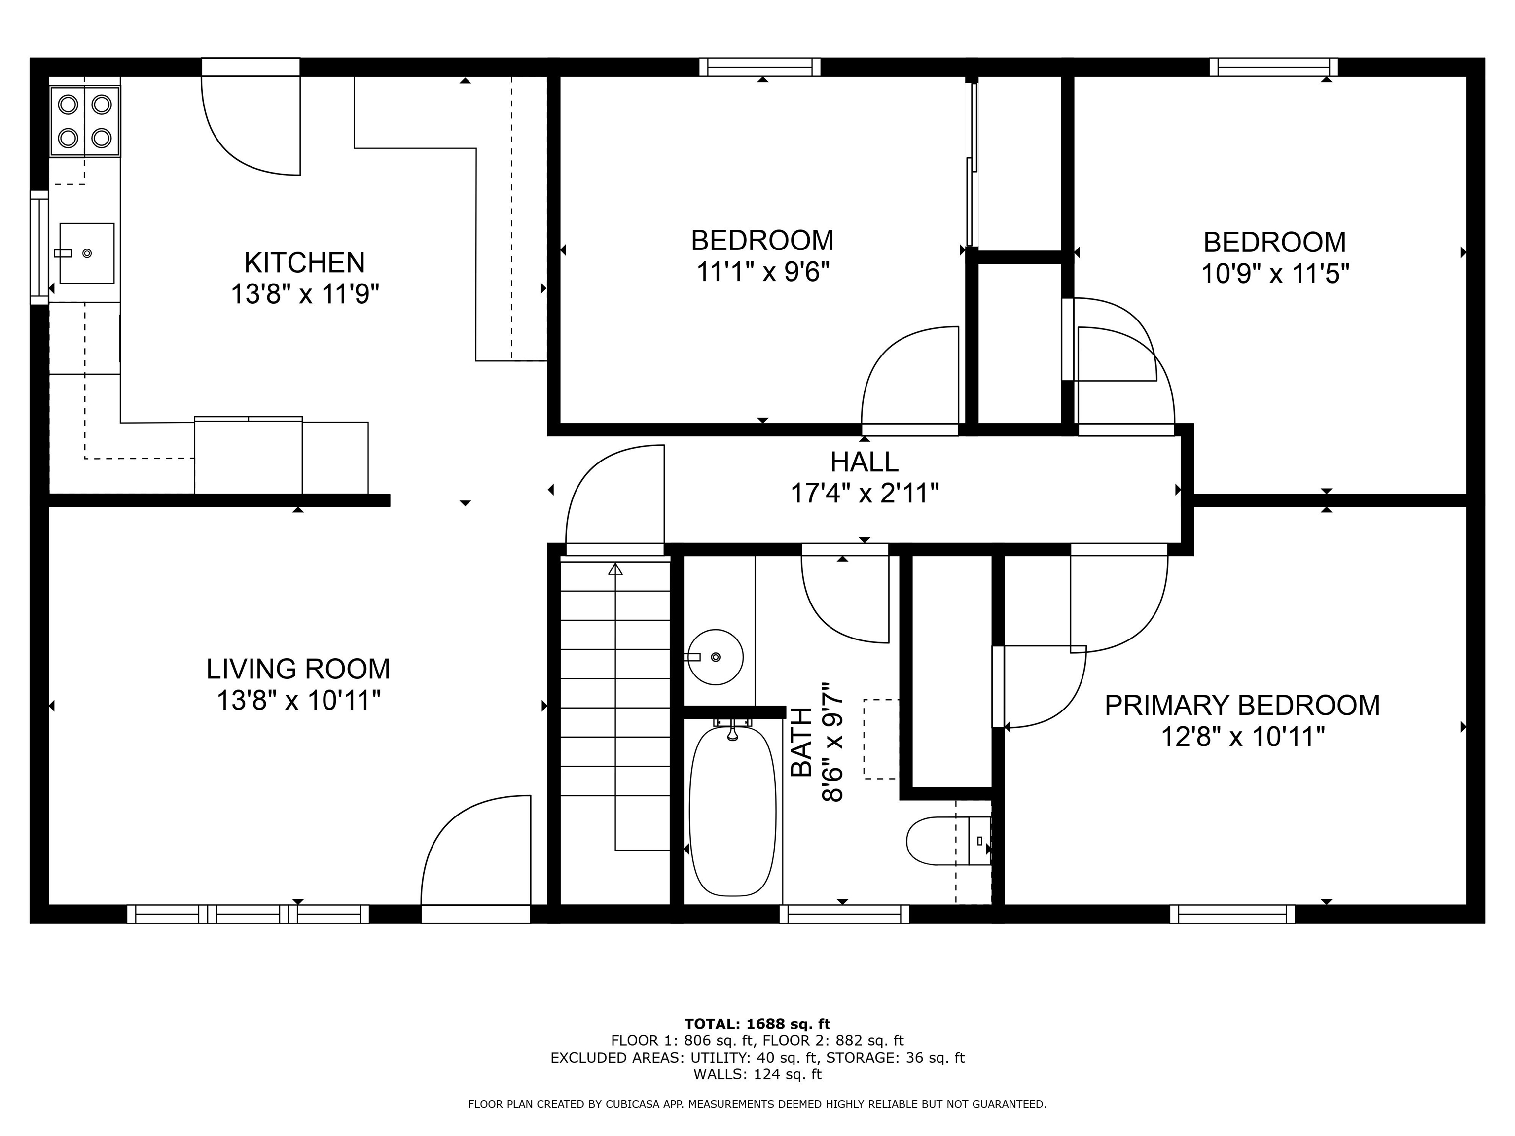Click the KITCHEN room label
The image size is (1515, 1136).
click(x=304, y=263)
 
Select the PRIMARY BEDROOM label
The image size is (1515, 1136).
click(x=1242, y=705)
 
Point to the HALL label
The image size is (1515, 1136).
click(x=865, y=462)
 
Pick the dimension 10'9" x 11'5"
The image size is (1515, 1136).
click(x=1275, y=275)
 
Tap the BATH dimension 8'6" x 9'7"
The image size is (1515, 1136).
click(x=833, y=742)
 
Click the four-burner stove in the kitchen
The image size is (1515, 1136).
click(x=85, y=121)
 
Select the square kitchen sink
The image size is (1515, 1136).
click(x=86, y=252)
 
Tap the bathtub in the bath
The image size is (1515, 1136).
click(x=733, y=812)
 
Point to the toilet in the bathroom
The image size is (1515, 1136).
click(x=948, y=841)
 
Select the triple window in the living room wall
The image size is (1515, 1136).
click(x=248, y=914)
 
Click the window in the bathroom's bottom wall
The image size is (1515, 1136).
click(x=844, y=914)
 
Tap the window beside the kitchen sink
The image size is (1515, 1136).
click(x=39, y=247)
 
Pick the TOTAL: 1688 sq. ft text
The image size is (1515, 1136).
click(x=757, y=1024)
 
